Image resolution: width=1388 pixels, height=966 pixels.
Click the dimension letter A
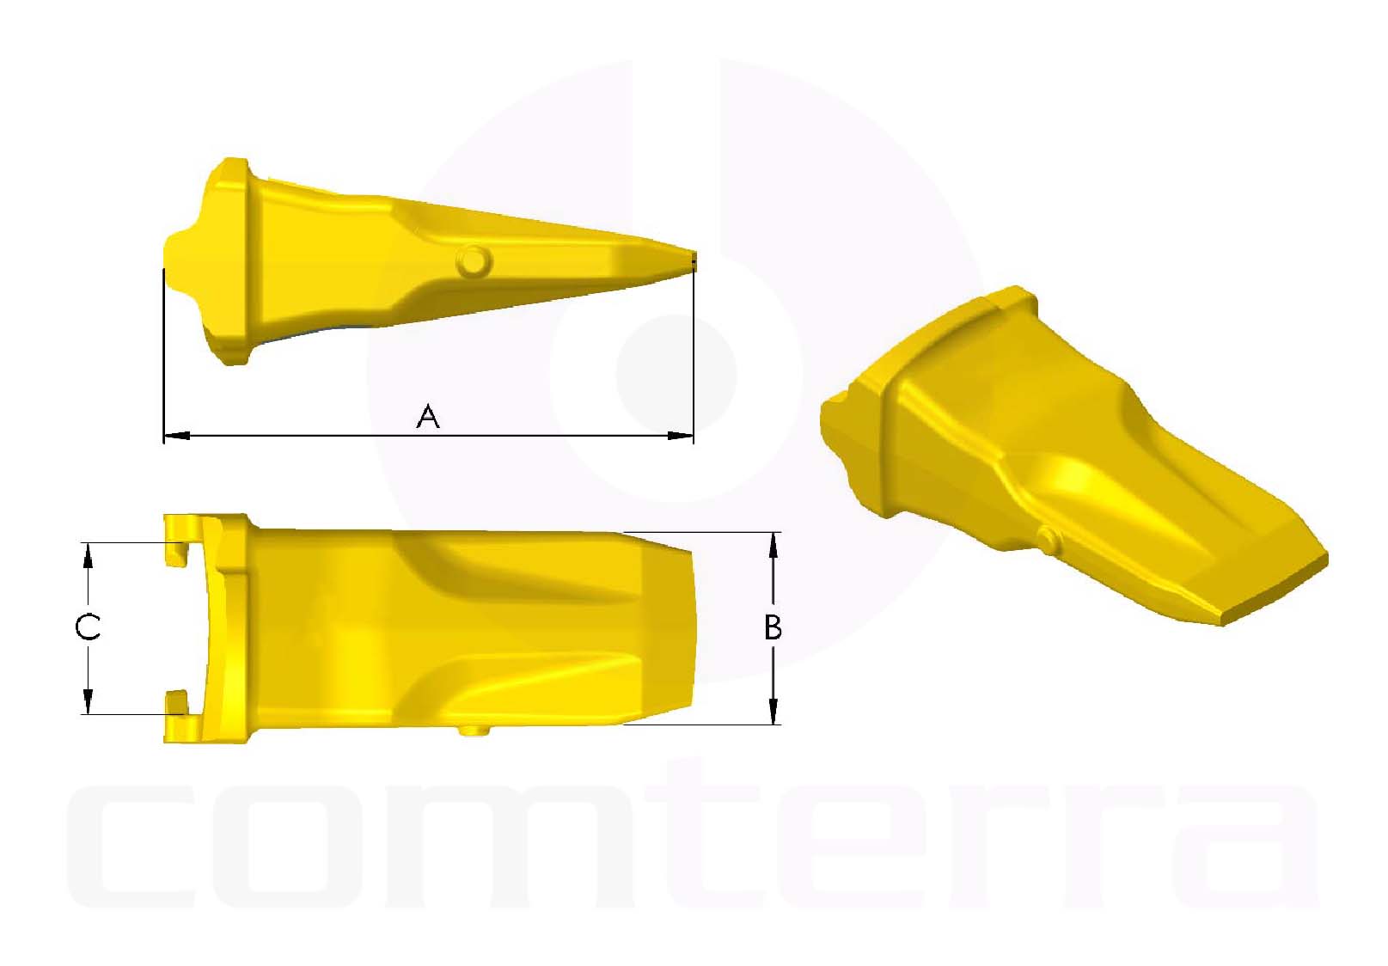tap(428, 417)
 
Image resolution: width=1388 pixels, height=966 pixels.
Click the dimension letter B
tap(773, 627)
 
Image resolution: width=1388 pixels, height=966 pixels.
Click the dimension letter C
tap(88, 627)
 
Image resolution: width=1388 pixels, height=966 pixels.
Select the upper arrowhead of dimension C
tap(87, 555)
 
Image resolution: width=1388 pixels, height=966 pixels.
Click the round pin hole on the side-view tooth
tap(474, 260)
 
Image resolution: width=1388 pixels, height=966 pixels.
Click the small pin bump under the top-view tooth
tap(474, 731)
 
